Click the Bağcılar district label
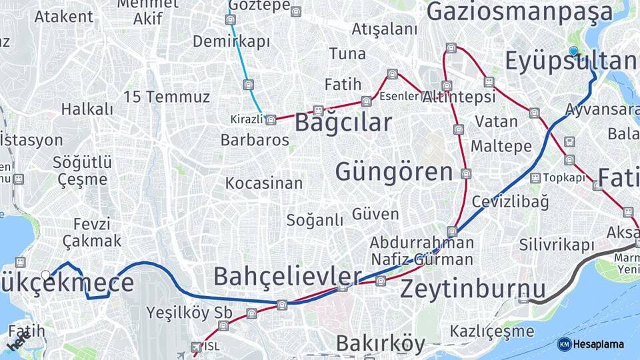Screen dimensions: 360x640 click(343, 123)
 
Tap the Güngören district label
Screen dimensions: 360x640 click(394, 172)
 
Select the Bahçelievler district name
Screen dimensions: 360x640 click(287, 276)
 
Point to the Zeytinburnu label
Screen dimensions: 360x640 click(473, 289)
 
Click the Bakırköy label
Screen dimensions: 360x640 click(380, 344)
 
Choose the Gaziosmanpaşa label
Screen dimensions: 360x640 click(519, 12)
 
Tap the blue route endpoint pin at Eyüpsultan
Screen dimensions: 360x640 click(573, 51)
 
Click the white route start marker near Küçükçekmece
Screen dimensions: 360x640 click(46, 275)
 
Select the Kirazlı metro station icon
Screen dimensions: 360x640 click(270, 120)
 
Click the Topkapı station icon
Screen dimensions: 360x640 click(535, 178)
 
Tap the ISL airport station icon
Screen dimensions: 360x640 click(195, 347)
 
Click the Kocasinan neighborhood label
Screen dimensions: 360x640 click(264, 183)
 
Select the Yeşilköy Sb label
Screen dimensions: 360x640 click(189, 312)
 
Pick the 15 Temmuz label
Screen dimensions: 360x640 click(167, 97)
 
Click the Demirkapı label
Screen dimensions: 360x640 click(231, 41)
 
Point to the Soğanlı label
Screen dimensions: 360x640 click(315, 220)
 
